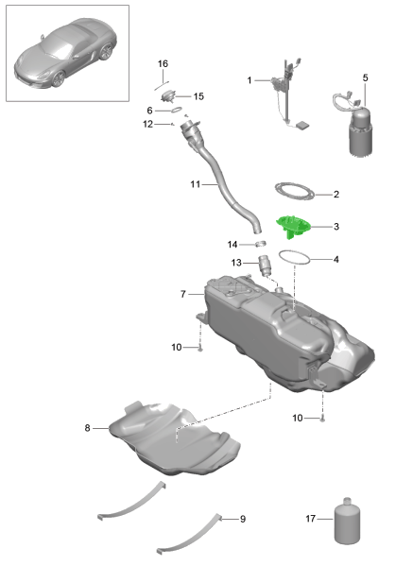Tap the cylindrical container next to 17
(347, 518)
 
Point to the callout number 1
(250, 81)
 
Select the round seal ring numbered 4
(295, 258)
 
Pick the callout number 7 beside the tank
(183, 295)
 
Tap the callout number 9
(243, 519)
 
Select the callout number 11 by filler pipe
(195, 184)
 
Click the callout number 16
(163, 63)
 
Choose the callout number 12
(148, 124)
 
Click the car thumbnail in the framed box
(61, 57)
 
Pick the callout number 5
(366, 77)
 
